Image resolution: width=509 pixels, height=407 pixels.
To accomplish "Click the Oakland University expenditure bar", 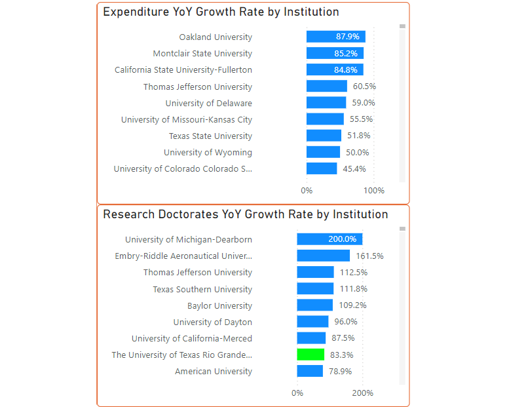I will click(335, 37).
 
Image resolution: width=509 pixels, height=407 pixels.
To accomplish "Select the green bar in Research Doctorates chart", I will click(311, 355).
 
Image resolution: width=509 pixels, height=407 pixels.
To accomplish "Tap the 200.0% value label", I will click(343, 239).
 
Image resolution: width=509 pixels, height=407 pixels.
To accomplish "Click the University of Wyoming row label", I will click(208, 152).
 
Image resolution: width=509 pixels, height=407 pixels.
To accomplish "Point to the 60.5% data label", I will click(364, 87).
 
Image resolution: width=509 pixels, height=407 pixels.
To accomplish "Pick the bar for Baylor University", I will click(314, 305).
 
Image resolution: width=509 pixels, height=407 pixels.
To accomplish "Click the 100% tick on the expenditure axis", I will click(374, 191).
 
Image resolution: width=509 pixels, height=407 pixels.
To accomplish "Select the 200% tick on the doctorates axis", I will click(362, 393).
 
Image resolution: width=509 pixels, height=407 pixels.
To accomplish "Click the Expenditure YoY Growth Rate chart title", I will click(221, 12).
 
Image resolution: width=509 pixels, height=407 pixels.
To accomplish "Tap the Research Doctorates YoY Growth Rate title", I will click(245, 214).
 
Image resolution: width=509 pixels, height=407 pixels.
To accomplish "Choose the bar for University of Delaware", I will click(326, 103).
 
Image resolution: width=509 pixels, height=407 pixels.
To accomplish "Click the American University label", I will click(213, 371).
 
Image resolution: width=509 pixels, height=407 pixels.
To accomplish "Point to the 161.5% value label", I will click(369, 256).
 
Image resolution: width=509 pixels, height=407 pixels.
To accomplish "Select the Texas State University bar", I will click(324, 136).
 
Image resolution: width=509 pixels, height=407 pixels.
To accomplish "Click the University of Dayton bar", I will click(312, 322).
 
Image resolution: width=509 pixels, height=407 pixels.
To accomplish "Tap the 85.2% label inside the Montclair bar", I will click(347, 53).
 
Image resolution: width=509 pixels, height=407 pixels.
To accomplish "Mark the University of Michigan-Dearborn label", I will click(188, 239).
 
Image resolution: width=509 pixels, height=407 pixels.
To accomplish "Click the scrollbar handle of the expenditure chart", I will click(402, 26).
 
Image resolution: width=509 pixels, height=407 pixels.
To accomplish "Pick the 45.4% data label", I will click(354, 168).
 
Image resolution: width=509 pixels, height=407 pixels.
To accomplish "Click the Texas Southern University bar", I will click(315, 289).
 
